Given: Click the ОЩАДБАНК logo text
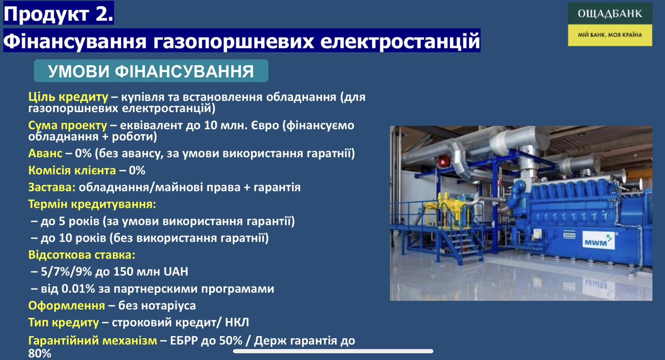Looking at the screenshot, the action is point(610,14).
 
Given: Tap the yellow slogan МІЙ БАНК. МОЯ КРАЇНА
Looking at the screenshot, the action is point(610,35).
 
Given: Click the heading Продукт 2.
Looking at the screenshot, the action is point(59,13).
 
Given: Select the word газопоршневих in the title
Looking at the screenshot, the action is point(234,41).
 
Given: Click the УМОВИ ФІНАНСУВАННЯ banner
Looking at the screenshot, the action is point(151,71).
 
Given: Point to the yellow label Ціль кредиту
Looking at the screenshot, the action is point(68,97).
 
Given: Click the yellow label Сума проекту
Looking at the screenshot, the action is point(67,126).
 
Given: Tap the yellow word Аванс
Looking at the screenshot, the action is point(45,153).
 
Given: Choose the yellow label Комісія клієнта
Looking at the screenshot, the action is point(72,170).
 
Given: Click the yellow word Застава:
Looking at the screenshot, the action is point(52,187).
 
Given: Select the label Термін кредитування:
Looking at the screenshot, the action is point(92,204).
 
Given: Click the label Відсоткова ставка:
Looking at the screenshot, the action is point(82,255).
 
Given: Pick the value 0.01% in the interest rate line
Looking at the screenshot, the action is point(78,289).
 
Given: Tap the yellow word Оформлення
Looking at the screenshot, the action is point(66,306).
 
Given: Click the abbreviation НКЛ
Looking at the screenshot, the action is point(237,322).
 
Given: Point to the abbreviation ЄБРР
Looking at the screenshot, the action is point(184,341).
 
